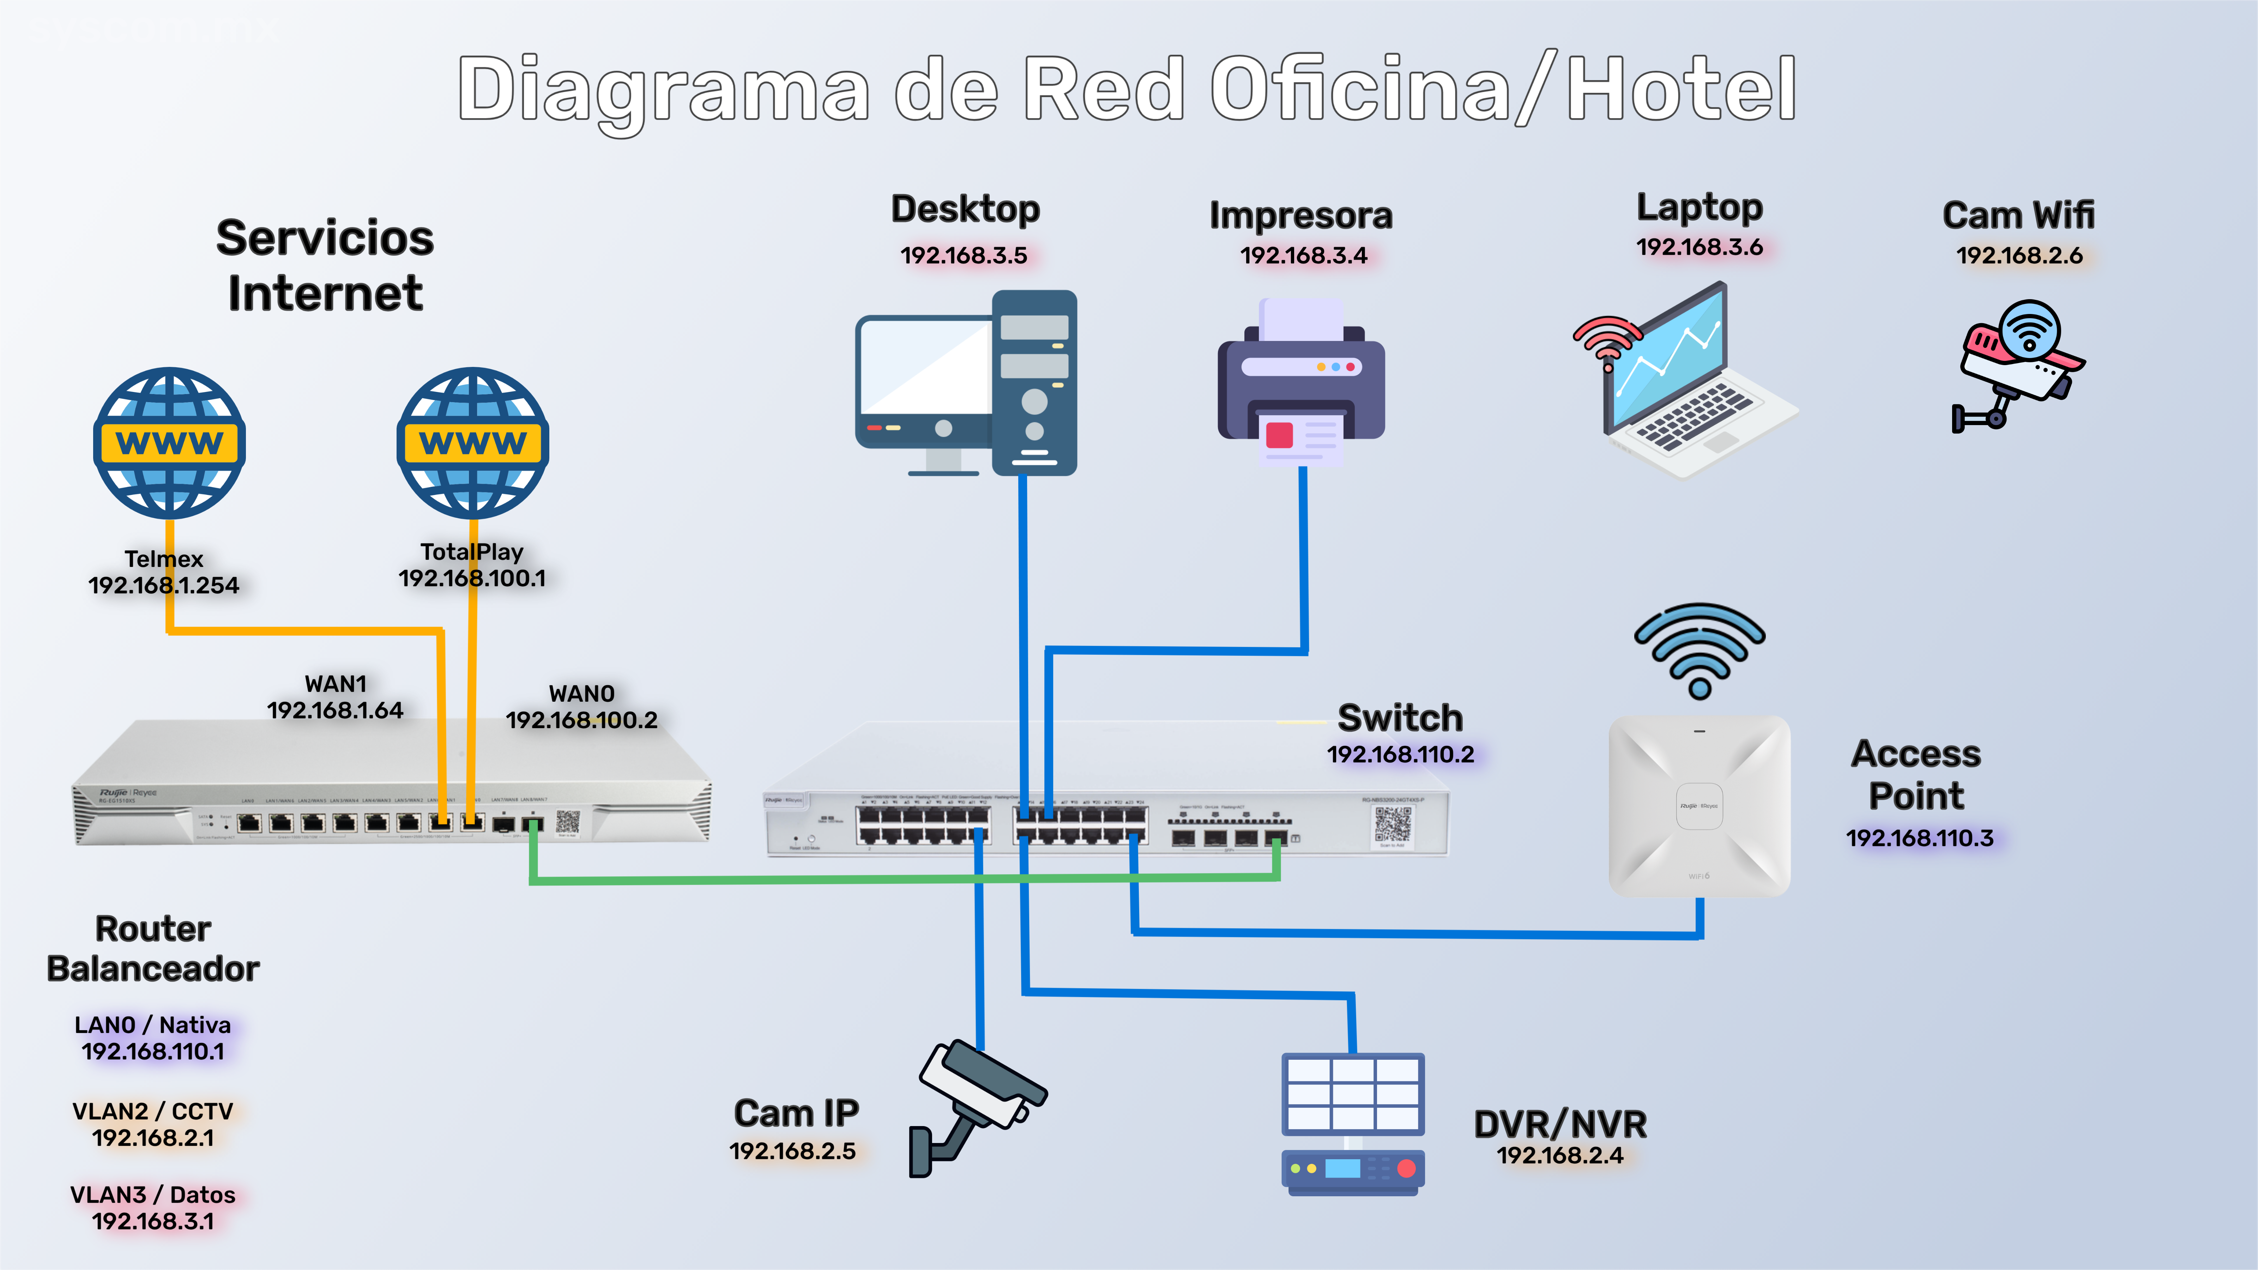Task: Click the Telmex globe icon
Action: coord(169,443)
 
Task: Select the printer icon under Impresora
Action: coord(1302,381)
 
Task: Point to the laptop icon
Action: coord(1688,381)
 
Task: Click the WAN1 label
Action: coord(336,684)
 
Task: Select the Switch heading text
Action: coord(1400,718)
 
